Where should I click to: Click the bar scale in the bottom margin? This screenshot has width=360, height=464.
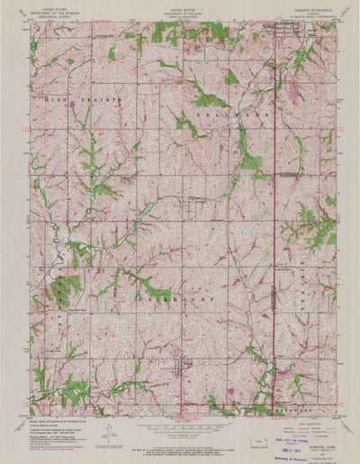coord(180,428)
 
